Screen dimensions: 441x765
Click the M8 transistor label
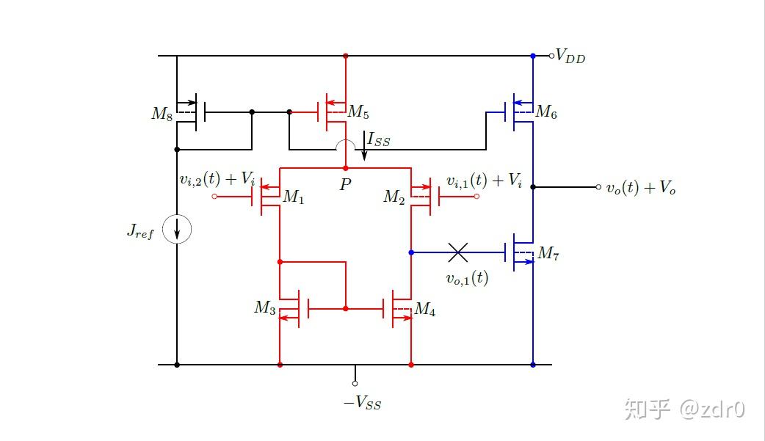point(162,114)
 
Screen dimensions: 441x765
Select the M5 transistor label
point(358,112)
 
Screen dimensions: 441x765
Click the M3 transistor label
point(265,307)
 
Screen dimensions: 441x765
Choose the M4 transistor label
point(425,310)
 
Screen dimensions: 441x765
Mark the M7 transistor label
point(548,253)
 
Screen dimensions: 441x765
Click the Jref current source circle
point(177,230)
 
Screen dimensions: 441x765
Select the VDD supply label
point(571,57)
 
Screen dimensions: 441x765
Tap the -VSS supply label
point(363,403)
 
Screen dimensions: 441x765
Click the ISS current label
point(379,139)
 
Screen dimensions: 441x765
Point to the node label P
point(345,186)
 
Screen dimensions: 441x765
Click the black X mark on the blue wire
point(458,253)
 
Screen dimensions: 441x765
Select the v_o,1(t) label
point(467,278)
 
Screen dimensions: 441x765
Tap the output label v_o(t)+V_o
point(640,188)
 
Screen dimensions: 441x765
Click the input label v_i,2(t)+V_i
point(217,179)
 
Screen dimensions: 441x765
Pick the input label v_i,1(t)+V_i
point(485,181)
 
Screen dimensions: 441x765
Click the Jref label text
point(140,233)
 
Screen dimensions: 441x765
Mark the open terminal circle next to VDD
point(551,56)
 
